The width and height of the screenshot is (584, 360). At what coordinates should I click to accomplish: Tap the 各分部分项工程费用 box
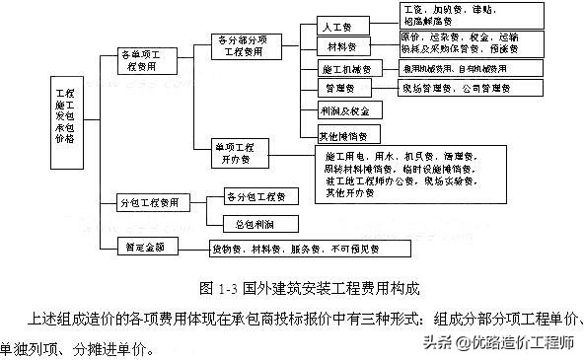coord(247,44)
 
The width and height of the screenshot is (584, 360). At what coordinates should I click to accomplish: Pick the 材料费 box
coord(343,46)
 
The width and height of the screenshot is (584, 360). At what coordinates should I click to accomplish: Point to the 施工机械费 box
coord(345,69)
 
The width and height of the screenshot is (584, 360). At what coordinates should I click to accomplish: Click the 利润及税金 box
coord(345,111)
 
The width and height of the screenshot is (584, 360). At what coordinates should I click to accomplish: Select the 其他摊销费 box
coord(344,135)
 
